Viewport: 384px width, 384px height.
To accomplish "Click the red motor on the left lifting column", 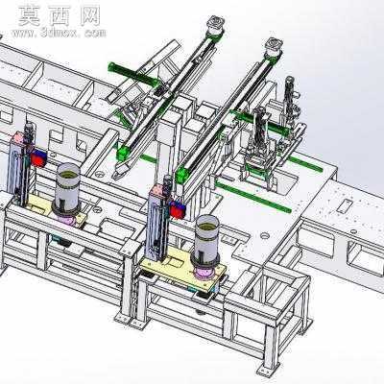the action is click(x=38, y=158).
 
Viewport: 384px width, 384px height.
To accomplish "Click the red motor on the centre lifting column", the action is click(x=178, y=210).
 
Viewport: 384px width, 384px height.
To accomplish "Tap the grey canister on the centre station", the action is click(x=207, y=240).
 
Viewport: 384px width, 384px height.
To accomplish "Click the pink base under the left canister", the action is click(x=65, y=220).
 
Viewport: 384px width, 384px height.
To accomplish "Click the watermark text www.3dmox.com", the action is click(x=59, y=33).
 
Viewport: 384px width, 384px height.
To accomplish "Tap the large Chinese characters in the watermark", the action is click(x=60, y=16).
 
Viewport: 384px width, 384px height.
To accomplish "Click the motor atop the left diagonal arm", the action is click(x=215, y=25).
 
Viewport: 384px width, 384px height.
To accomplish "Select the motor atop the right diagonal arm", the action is click(x=274, y=47).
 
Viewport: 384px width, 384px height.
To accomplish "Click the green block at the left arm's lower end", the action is click(x=124, y=153).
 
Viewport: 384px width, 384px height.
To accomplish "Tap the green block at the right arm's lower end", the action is click(x=182, y=175).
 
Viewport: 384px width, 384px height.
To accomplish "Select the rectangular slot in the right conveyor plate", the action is click(x=344, y=205).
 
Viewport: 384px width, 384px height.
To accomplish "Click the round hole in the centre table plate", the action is click(x=265, y=236).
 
